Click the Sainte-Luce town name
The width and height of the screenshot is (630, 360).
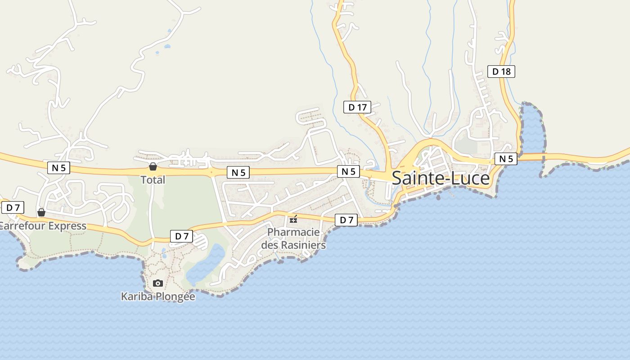(441, 178)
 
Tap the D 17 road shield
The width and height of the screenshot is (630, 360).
(357, 107)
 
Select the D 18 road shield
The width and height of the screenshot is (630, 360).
(501, 71)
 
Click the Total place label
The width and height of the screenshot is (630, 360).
(153, 180)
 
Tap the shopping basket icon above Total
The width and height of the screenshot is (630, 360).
(153, 167)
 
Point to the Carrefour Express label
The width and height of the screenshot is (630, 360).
(43, 226)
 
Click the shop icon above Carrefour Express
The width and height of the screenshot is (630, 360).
(41, 212)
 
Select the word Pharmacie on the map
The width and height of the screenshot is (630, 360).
(293, 232)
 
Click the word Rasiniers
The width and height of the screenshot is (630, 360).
(303, 245)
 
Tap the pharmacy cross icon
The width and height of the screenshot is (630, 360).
(293, 220)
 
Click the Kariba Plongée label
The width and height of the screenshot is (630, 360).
(158, 297)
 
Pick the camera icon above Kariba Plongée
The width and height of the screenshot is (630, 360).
(157, 283)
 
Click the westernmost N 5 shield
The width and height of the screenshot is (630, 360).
(58, 168)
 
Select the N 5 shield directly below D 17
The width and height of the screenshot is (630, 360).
(348, 171)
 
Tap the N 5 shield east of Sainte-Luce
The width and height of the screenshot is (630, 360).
(506, 158)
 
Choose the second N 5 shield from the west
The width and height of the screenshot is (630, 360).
(238, 172)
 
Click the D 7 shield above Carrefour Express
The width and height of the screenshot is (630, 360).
(13, 207)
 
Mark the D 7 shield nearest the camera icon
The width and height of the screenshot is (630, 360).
(181, 236)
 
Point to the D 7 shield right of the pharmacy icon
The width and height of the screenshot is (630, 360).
(346, 220)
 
